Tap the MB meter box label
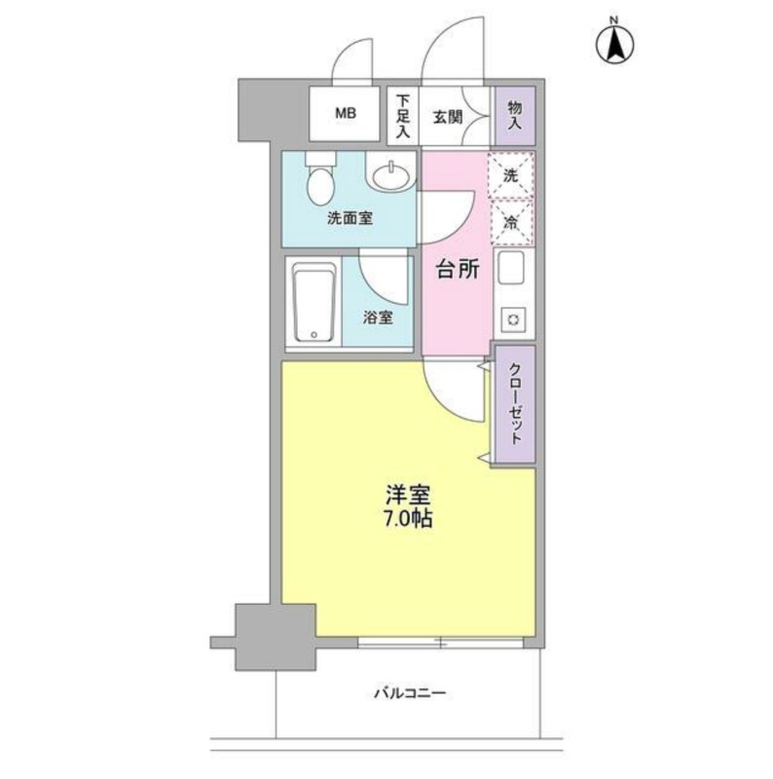[x=346, y=114]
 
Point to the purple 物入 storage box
[x=514, y=115]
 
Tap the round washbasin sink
[x=391, y=176]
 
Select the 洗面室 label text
[x=350, y=219]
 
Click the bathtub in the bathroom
[x=313, y=303]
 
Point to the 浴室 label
[x=379, y=317]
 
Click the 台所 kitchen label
[x=456, y=272]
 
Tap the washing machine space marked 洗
[x=510, y=175]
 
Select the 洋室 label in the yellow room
[x=407, y=495]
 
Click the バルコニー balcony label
[x=409, y=693]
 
